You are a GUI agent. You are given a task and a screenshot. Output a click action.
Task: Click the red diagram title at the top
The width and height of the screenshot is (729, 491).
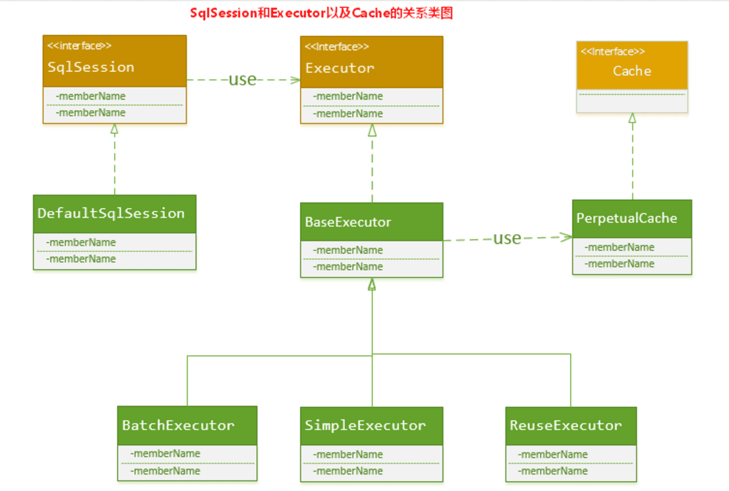coord(321,13)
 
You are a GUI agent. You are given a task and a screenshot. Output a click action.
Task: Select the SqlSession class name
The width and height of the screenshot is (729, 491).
coord(91,67)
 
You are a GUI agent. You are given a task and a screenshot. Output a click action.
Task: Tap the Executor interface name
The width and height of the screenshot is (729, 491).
coord(339,68)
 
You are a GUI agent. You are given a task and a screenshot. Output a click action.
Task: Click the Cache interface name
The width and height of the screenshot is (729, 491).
coord(632,71)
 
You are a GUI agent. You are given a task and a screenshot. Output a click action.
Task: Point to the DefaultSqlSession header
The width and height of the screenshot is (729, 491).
coord(111,213)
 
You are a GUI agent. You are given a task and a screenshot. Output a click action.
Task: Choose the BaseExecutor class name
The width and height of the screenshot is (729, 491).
coord(348,222)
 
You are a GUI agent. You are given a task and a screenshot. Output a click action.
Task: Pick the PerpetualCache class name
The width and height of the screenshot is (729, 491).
coord(626,218)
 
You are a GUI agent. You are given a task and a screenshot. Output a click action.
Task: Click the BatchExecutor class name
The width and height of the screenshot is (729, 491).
coord(178,425)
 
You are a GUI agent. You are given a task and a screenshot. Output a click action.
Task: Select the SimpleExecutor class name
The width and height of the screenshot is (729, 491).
coord(365,425)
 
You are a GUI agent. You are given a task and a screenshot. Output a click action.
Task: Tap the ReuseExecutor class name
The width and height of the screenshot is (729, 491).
coord(565,425)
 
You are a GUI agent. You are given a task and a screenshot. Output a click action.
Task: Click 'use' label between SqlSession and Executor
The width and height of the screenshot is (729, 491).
coord(242,79)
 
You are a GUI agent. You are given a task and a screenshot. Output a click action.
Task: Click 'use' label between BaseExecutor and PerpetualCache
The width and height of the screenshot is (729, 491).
coord(507,238)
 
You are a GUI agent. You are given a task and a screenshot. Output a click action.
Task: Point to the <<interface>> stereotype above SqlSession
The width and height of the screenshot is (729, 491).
coord(79,46)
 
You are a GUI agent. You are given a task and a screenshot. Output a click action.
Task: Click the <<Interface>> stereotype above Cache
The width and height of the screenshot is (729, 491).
coord(612,51)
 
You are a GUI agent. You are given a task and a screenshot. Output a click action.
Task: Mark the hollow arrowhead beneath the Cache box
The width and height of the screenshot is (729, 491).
coord(632,118)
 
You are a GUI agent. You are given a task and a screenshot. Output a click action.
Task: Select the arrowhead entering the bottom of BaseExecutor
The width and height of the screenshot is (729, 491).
coord(372,284)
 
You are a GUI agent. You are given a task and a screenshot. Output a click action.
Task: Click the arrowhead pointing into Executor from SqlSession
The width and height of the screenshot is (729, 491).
coord(295,80)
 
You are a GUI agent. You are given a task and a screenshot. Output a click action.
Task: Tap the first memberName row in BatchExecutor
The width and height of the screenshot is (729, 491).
coord(165,454)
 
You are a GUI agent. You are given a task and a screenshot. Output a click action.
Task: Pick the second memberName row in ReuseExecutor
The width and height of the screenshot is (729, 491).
coord(553,471)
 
